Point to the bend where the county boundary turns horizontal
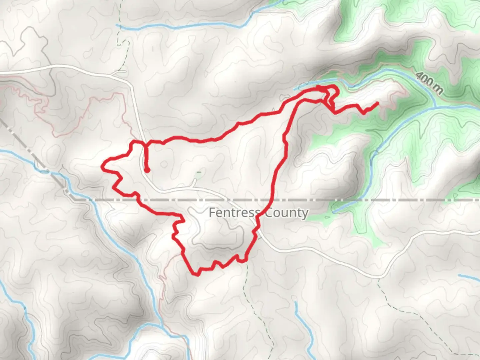tap(74, 199)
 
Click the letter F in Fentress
tap(211, 212)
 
